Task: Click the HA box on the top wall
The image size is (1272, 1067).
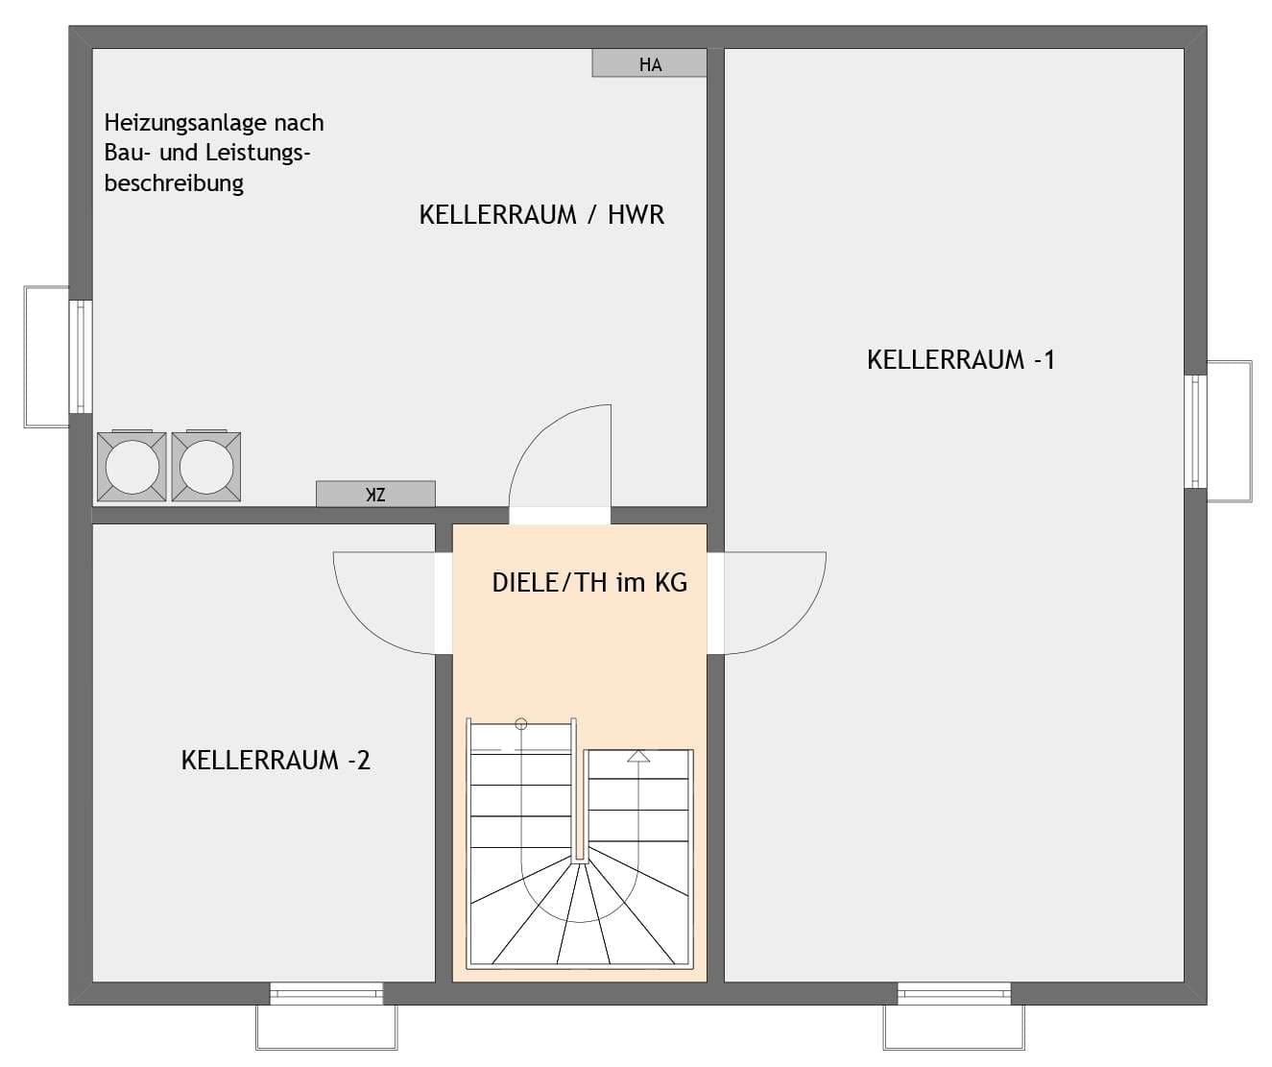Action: (x=649, y=64)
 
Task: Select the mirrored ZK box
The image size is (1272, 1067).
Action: (x=375, y=494)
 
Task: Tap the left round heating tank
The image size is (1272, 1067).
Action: (x=132, y=468)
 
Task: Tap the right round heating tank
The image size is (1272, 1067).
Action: (x=206, y=468)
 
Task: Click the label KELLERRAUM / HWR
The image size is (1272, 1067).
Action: (x=541, y=214)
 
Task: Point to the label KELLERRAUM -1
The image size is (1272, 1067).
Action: (x=960, y=359)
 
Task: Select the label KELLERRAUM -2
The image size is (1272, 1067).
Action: (x=276, y=760)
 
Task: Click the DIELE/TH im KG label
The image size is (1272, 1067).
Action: (x=589, y=582)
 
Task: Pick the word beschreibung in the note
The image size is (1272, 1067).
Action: (x=174, y=182)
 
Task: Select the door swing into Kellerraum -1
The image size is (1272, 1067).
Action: (x=773, y=600)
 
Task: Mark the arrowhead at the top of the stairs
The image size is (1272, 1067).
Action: (x=638, y=756)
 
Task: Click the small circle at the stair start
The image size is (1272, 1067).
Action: (x=521, y=724)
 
